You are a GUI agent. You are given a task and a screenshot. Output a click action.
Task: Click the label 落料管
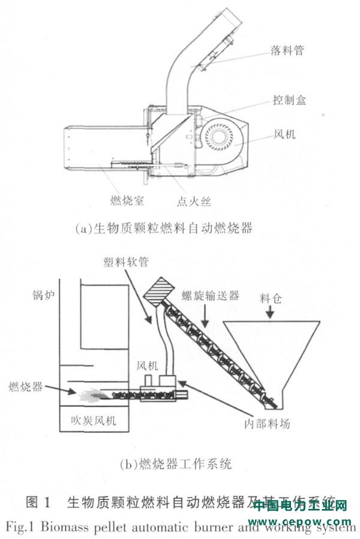[x=287, y=50]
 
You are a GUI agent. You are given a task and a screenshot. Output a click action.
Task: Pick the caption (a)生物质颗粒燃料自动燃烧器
[x=164, y=228]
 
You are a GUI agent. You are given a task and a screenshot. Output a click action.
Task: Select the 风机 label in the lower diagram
[x=148, y=365]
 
